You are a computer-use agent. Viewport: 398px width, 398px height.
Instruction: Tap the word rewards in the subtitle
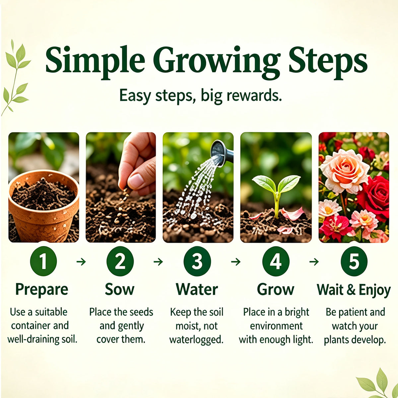coord(254,96)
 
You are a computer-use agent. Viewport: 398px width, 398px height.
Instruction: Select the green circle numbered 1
coord(43,261)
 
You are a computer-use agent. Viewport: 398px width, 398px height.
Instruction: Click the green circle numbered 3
coord(197,261)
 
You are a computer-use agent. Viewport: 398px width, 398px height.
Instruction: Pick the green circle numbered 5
coord(354,261)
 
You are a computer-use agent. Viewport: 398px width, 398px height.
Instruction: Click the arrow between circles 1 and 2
coord(81,262)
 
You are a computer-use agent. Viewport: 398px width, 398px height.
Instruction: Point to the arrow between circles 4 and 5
coord(314,262)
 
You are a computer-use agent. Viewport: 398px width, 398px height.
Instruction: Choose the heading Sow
coord(120,289)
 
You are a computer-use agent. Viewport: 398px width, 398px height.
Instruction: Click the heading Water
coord(197,289)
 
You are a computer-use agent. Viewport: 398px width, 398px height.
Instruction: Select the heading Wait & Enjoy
coord(354,290)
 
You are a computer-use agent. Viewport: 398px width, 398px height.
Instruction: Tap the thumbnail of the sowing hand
coord(121,187)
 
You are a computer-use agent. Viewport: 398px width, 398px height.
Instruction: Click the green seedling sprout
coord(276,196)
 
